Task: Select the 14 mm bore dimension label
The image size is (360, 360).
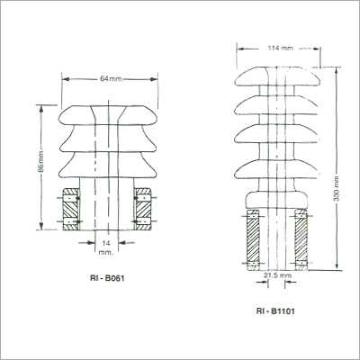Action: [x=109, y=249]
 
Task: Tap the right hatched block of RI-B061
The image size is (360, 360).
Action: [x=145, y=208]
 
